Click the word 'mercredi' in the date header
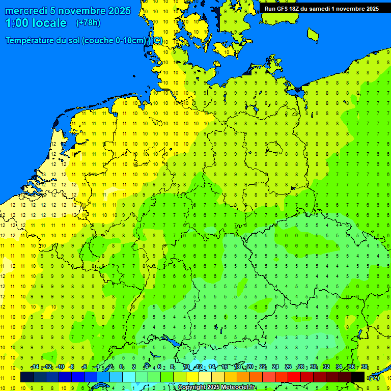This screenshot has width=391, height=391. tap(23, 11)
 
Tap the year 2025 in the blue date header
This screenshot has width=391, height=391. tap(118, 11)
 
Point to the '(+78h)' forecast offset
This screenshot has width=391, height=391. tap(88, 23)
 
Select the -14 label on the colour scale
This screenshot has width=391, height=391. tap(34, 367)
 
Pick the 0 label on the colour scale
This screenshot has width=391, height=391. tap(121, 367)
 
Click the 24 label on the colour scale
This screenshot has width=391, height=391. tap(275, 367)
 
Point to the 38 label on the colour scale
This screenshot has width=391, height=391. tap(365, 367)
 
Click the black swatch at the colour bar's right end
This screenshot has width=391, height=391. tap(358, 377)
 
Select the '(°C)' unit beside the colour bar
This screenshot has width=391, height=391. tap(373, 377)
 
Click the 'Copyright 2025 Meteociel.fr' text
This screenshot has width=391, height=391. tap(216, 387)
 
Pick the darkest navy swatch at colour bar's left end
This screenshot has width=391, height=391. tap(27, 377)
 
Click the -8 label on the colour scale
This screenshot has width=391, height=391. tap(72, 367)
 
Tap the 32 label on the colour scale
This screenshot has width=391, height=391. tap(326, 367)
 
